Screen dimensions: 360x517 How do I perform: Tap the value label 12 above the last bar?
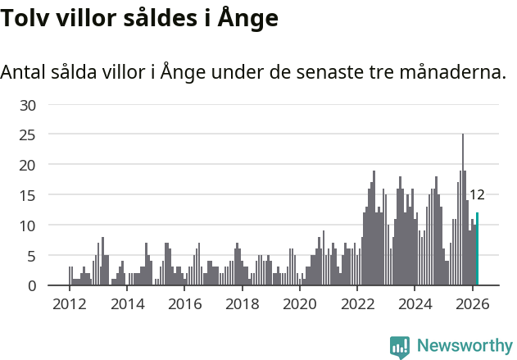pos(477,195)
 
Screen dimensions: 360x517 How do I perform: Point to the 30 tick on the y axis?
pos(28,105)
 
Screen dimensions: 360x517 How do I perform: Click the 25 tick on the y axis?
pos(28,135)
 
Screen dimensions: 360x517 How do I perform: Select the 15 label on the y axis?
pos(28,195)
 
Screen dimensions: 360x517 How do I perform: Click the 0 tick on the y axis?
pos(32,285)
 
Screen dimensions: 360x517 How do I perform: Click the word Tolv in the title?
pos(24,18)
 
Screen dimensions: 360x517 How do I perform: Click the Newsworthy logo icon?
pos(400,347)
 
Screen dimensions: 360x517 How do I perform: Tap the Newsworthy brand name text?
pos(464,346)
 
